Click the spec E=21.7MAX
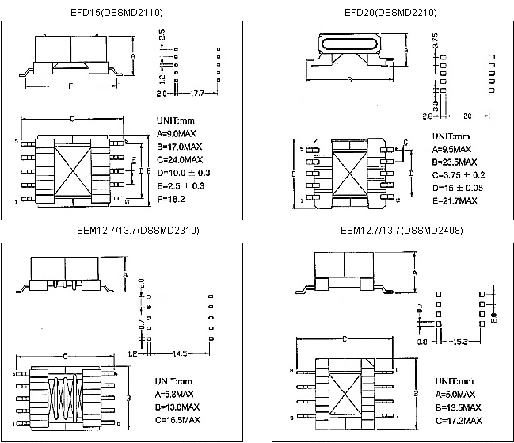tap(455, 201)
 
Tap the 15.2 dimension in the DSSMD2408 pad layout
tap(459, 343)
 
